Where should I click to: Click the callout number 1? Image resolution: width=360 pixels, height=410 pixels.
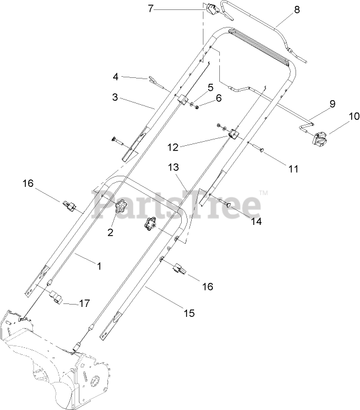tap(99, 266)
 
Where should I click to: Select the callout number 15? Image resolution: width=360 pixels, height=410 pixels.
tap(189, 314)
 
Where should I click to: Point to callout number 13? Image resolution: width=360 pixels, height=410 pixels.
tap(172, 168)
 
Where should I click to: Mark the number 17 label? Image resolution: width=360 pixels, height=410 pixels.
tap(84, 303)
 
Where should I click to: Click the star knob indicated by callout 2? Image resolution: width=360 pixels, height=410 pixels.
tap(121, 206)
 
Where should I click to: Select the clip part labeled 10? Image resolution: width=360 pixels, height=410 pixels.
tap(320, 141)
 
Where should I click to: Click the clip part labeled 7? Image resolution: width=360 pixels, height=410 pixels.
tap(210, 10)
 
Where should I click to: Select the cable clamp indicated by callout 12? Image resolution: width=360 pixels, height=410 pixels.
tap(235, 135)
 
